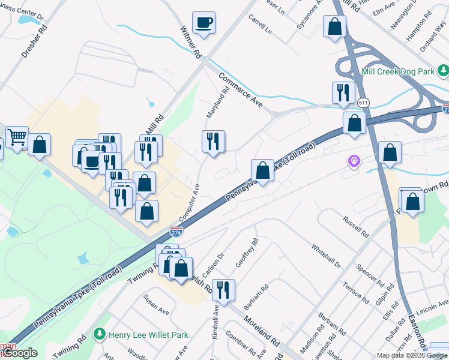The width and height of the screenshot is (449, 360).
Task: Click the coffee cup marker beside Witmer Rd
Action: (203, 23)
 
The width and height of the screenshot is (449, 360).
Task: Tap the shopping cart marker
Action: (17, 137)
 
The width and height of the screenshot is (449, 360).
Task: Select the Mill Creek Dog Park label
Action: (398, 71)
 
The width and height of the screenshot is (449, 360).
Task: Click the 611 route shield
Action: (363, 103)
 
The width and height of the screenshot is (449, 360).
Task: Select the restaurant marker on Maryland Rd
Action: (213, 142)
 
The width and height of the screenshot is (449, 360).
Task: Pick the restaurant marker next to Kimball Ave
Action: (223, 290)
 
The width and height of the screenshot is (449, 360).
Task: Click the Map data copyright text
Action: (411, 355)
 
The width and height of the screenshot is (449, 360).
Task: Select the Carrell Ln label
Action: (261, 23)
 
